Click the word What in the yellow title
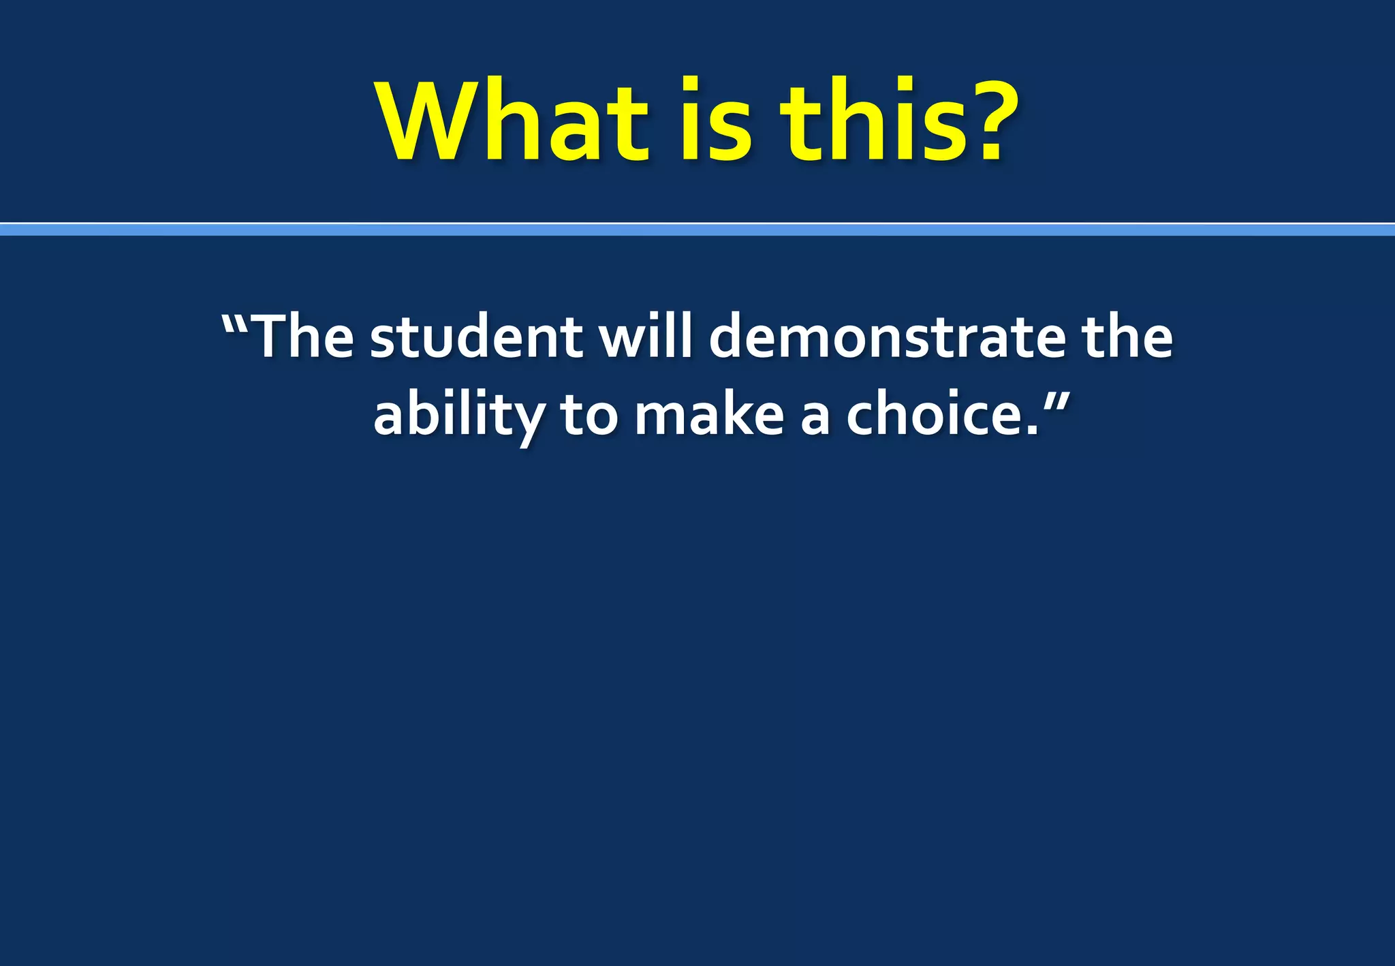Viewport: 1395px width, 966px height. point(512,123)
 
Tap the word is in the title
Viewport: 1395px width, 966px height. point(715,123)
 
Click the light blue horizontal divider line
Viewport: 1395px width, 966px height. point(697,230)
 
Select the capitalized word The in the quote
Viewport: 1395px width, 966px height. point(304,337)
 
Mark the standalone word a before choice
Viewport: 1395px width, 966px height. point(815,419)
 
